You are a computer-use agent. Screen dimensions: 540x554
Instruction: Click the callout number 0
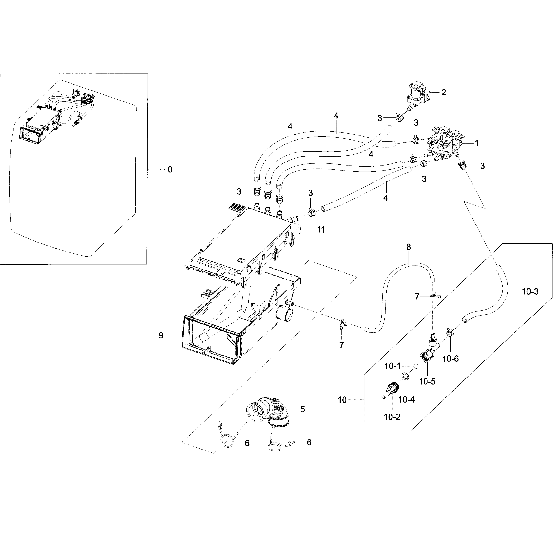(x=170, y=170)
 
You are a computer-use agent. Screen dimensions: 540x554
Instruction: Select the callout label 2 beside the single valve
(x=443, y=92)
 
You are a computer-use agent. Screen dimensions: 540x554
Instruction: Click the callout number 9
(x=161, y=336)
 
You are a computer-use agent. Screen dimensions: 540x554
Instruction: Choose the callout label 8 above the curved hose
(x=408, y=247)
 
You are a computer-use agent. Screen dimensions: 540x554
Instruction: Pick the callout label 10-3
(x=530, y=292)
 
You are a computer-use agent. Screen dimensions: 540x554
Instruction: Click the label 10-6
(x=450, y=359)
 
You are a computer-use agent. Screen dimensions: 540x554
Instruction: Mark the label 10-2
(x=392, y=417)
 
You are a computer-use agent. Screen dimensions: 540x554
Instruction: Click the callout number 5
(x=303, y=409)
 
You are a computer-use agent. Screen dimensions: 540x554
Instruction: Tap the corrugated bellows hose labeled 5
(x=272, y=413)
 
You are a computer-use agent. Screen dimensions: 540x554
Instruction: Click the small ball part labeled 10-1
(x=416, y=366)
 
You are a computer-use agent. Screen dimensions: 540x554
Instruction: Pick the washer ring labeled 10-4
(x=405, y=376)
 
